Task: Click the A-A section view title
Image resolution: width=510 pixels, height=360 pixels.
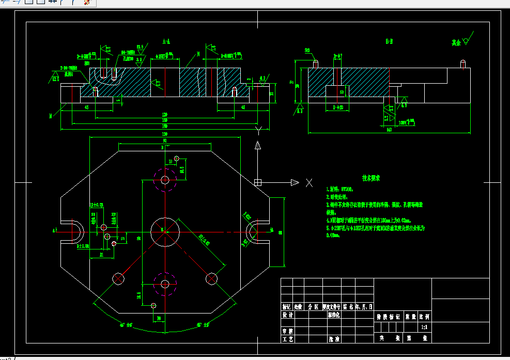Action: pyautogui.click(x=166, y=41)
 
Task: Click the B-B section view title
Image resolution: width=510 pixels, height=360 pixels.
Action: pyautogui.click(x=389, y=41)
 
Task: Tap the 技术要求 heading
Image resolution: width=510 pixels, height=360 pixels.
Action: pyautogui.click(x=371, y=178)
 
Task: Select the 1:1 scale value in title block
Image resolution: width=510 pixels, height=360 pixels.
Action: pyautogui.click(x=424, y=327)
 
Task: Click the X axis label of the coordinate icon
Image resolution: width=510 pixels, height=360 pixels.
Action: pyautogui.click(x=309, y=182)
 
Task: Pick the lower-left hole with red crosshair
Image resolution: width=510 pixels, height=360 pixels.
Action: pyautogui.click(x=119, y=279)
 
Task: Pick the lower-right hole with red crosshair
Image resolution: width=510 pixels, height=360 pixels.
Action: pyautogui.click(x=211, y=279)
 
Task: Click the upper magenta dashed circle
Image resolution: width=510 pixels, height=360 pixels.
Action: pyautogui.click(x=165, y=180)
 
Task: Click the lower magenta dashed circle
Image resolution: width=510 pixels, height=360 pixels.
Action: pyautogui.click(x=165, y=284)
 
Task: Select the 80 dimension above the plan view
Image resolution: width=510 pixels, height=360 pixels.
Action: pyautogui.click(x=164, y=140)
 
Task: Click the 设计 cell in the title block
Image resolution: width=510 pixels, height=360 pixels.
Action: pyautogui.click(x=287, y=315)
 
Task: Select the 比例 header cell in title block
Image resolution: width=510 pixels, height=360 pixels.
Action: pyautogui.click(x=424, y=316)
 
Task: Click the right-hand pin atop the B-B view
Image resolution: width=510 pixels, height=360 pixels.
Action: pyautogui.click(x=463, y=65)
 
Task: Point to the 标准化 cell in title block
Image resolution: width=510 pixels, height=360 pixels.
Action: pyautogui.click(x=334, y=315)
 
